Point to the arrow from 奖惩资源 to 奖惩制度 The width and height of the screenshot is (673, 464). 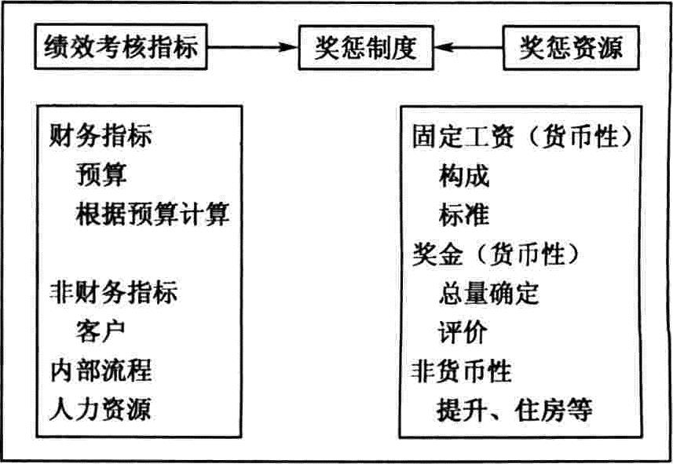pos(468,47)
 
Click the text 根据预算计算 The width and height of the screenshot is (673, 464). pos(153,214)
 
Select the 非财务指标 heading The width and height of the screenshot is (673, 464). pos(113,292)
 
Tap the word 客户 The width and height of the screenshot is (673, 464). pos(101,331)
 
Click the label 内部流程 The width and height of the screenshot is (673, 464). pos(101,370)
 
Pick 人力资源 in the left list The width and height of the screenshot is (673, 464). pos(101,408)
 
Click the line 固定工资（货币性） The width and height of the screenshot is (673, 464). pos(522,137)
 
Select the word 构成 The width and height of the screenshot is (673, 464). pos(464,176)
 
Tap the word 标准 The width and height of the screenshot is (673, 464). pos(464,214)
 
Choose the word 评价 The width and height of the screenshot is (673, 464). pos(463,332)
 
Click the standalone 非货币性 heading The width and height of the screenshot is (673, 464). pos(462,371)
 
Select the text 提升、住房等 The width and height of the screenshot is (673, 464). pos(515,410)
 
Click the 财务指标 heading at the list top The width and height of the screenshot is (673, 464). pos(101,136)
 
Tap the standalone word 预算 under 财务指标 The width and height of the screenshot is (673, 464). pos(101,175)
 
